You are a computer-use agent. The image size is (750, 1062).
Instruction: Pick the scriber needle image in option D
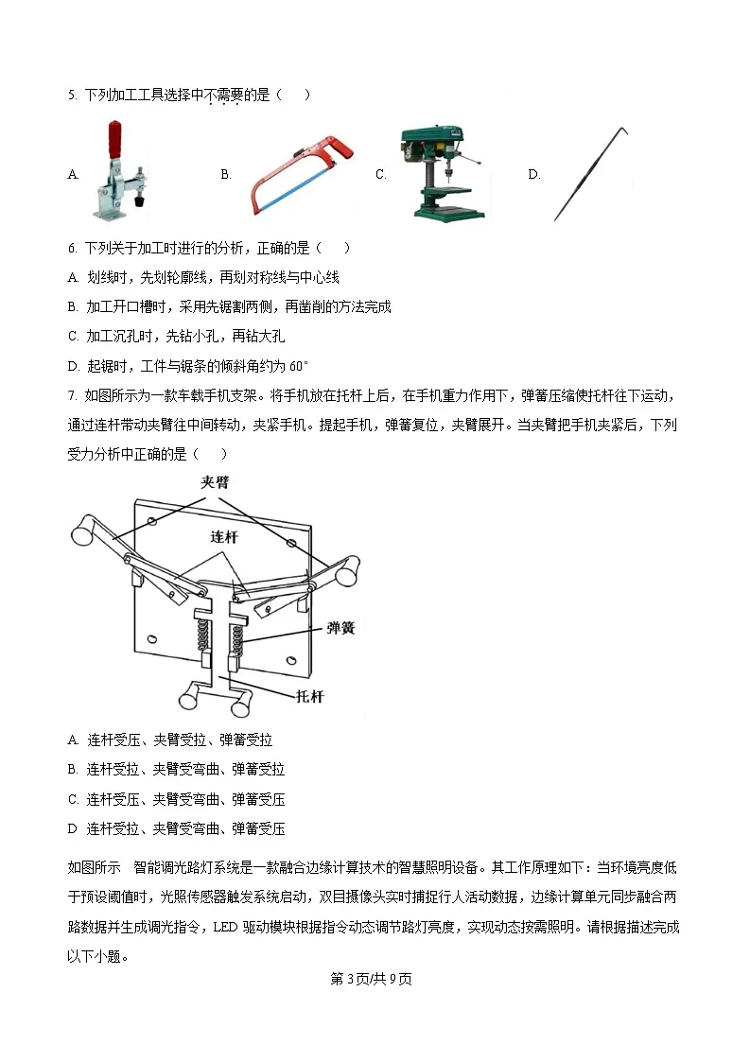tap(590, 175)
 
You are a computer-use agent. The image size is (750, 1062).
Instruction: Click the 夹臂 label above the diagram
tap(214, 482)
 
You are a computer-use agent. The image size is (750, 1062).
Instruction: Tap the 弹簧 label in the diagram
tap(340, 627)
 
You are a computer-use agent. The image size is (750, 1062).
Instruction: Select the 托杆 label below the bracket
tap(309, 695)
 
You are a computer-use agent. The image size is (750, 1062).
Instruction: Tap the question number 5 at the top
tap(72, 95)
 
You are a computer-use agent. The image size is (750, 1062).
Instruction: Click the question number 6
tap(72, 248)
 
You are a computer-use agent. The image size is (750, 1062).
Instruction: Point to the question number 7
tap(72, 394)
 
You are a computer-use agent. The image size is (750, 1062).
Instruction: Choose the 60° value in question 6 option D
tap(299, 366)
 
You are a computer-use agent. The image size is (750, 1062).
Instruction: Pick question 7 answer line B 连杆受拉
tap(176, 770)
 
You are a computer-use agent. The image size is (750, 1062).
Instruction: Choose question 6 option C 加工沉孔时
tap(176, 337)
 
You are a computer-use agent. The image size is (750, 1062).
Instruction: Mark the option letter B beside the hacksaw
tap(225, 174)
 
